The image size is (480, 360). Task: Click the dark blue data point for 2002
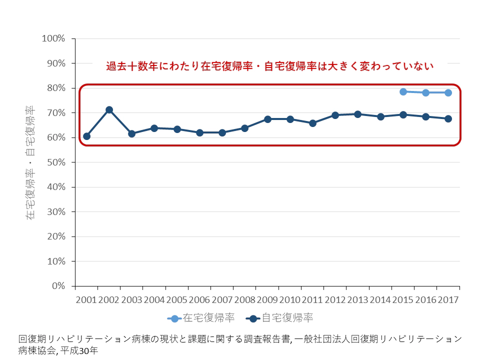pyautogui.click(x=109, y=109)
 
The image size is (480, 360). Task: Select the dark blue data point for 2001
pyautogui.click(x=86, y=136)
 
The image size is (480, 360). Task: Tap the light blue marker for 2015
pyautogui.click(x=403, y=91)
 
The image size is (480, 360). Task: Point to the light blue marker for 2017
pyautogui.click(x=448, y=92)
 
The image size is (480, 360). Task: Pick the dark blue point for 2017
pyautogui.click(x=448, y=118)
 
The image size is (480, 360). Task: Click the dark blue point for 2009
pyautogui.click(x=267, y=119)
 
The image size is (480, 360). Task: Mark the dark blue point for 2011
pyautogui.click(x=312, y=123)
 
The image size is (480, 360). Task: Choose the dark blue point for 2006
pyautogui.click(x=199, y=132)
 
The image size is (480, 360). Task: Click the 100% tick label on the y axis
pyautogui.click(x=53, y=38)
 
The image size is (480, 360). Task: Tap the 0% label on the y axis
pyautogui.click(x=59, y=286)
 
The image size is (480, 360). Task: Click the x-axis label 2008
pyautogui.click(x=244, y=300)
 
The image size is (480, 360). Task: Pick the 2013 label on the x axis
pyautogui.click(x=357, y=300)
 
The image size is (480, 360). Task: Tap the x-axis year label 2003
pyautogui.click(x=131, y=300)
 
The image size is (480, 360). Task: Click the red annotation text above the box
pyautogui.click(x=269, y=66)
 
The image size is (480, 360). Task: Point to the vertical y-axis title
pyautogui.click(x=30, y=162)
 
